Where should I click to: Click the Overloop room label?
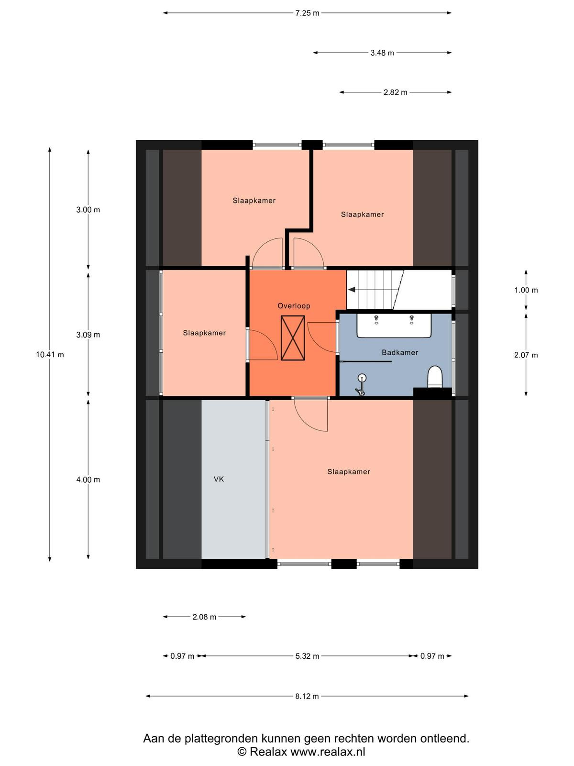pyautogui.click(x=293, y=306)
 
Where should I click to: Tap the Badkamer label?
pyautogui.click(x=400, y=352)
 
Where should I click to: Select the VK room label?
pyautogui.click(x=219, y=479)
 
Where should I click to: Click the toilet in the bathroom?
pyautogui.click(x=435, y=377)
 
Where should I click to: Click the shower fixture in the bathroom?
pyautogui.click(x=361, y=384)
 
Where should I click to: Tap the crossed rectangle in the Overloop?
pyautogui.click(x=293, y=338)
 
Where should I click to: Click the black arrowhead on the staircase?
pyautogui.click(x=352, y=290)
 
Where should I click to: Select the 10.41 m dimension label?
pyautogui.click(x=50, y=355)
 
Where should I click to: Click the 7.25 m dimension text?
pyautogui.click(x=307, y=13)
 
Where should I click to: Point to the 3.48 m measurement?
pyautogui.click(x=382, y=53)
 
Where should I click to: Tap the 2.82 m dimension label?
pyautogui.click(x=395, y=92)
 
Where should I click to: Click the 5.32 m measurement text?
pyautogui.click(x=307, y=656)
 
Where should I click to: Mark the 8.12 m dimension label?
pyautogui.click(x=307, y=696)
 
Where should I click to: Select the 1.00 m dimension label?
pyautogui.click(x=526, y=290)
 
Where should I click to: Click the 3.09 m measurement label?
pyautogui.click(x=88, y=335)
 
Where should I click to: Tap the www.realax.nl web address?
pyautogui.click(x=328, y=752)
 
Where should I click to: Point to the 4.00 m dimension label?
pyautogui.click(x=88, y=480)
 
